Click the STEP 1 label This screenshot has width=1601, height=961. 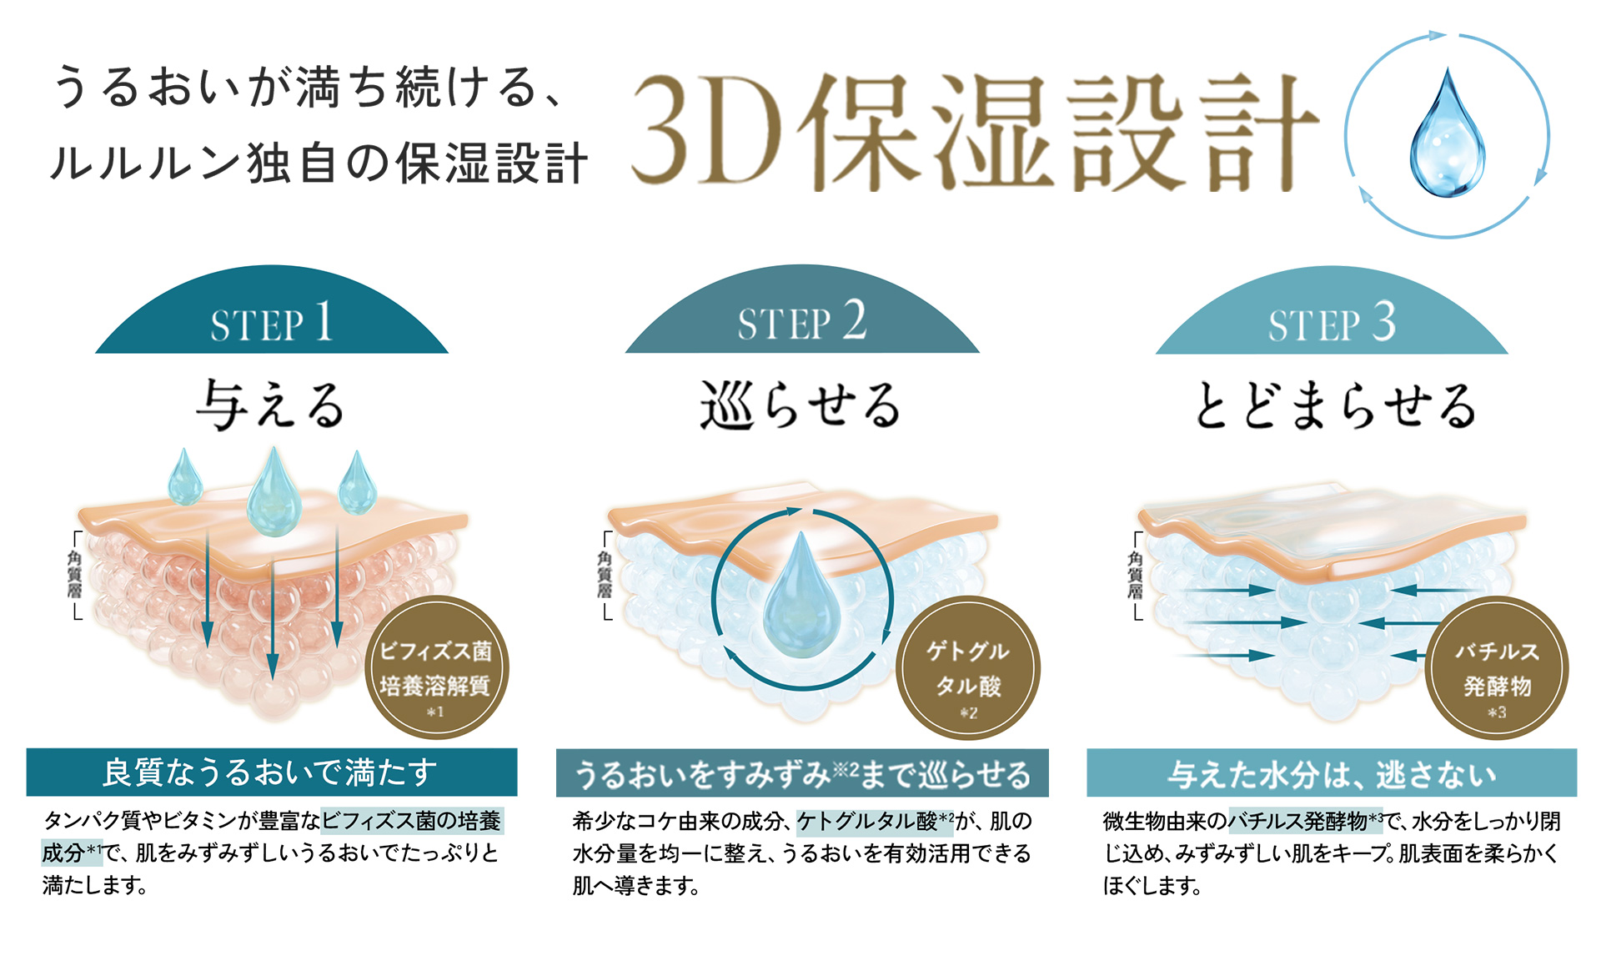pyautogui.click(x=272, y=322)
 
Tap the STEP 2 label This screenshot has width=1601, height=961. pyautogui.click(x=801, y=322)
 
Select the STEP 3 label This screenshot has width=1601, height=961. pyautogui.click(x=1332, y=323)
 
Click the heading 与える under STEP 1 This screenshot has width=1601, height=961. pyautogui.click(x=271, y=405)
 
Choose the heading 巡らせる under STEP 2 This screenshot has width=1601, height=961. pyautogui.click(x=800, y=405)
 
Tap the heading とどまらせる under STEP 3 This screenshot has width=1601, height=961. pyautogui.click(x=1334, y=405)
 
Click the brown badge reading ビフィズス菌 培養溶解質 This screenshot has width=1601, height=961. pyautogui.click(x=436, y=668)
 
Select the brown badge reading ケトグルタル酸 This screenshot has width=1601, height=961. pyautogui.click(x=967, y=668)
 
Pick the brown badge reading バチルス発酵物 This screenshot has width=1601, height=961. pyautogui.click(x=1497, y=668)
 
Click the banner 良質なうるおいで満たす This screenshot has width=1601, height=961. pyautogui.click(x=271, y=772)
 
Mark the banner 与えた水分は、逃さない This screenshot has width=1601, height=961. pyautogui.click(x=1332, y=774)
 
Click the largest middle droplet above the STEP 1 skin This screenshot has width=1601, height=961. pyautogui.click(x=274, y=495)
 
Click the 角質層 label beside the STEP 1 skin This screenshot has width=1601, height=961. pyautogui.click(x=75, y=575)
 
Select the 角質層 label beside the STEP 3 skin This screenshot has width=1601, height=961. pyautogui.click(x=1135, y=575)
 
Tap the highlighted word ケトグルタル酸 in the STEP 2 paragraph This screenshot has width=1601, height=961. pyautogui.click(x=867, y=822)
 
